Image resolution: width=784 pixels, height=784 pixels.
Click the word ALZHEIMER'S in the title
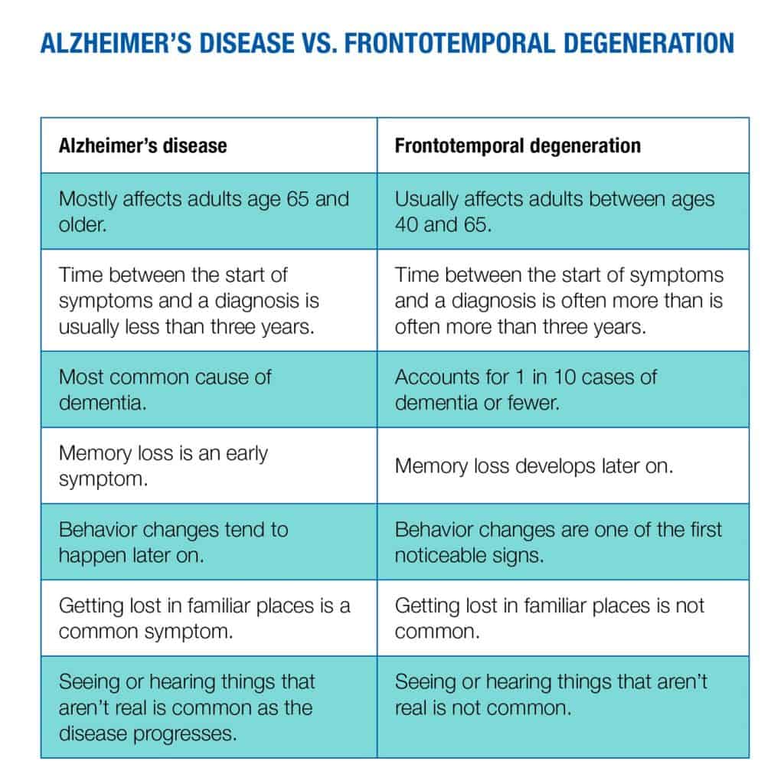pyautogui.click(x=116, y=43)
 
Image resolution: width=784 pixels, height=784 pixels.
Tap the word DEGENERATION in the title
pyautogui.click(x=648, y=43)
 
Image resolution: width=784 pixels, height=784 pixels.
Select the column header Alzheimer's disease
pyautogui.click(x=143, y=146)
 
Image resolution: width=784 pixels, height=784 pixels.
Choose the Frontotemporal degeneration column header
pyautogui.click(x=518, y=146)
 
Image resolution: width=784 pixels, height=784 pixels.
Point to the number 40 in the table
pyautogui.click(x=406, y=224)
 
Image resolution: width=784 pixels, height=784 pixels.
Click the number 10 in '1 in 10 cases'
pyautogui.click(x=564, y=377)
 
